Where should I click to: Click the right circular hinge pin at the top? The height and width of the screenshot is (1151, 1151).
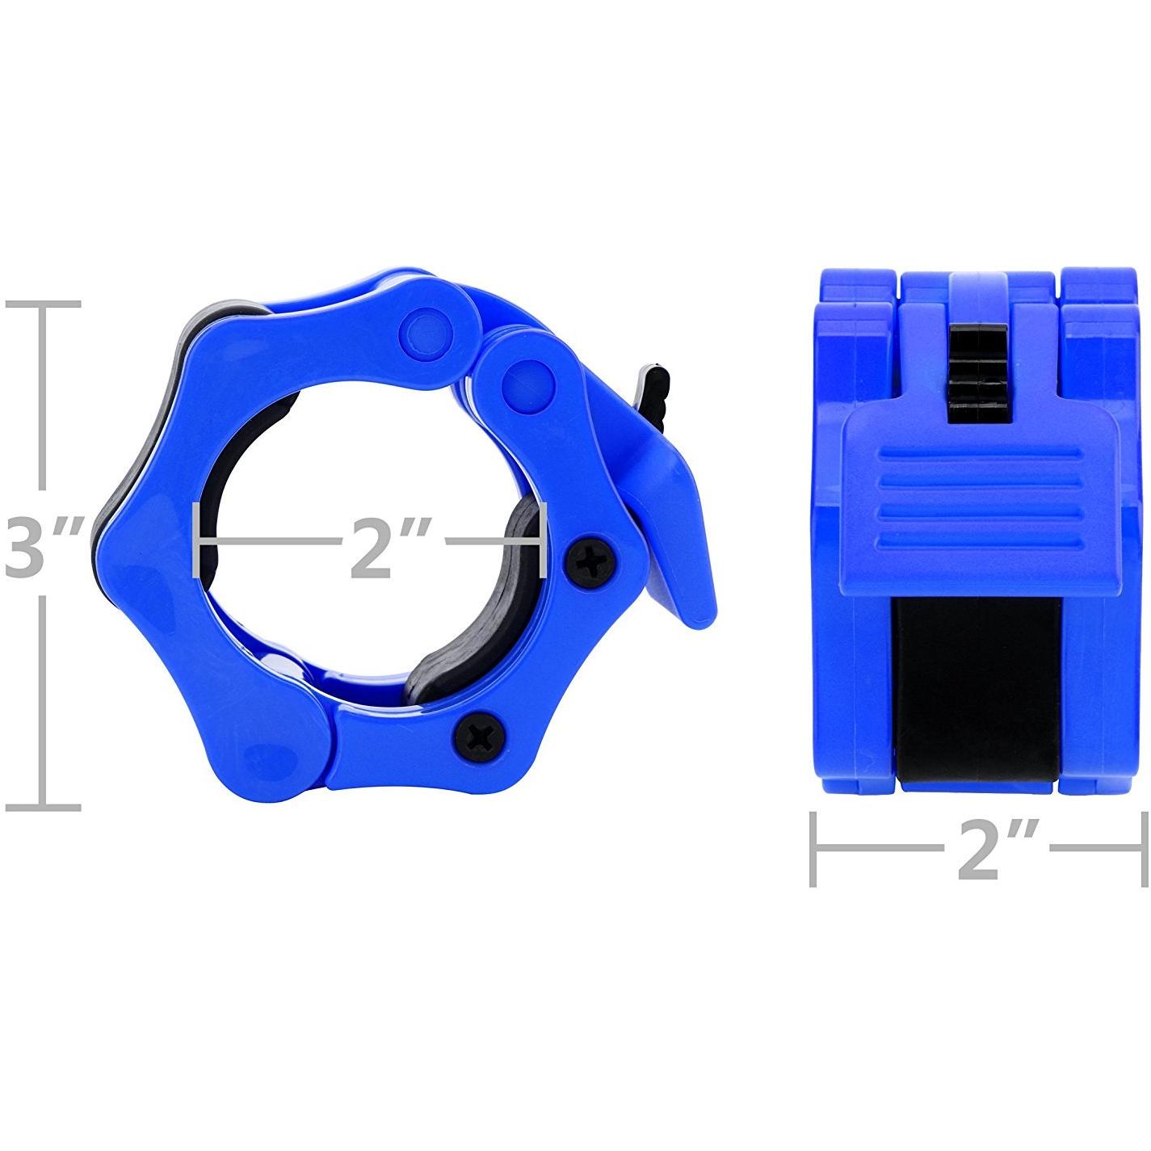pos(527,383)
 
